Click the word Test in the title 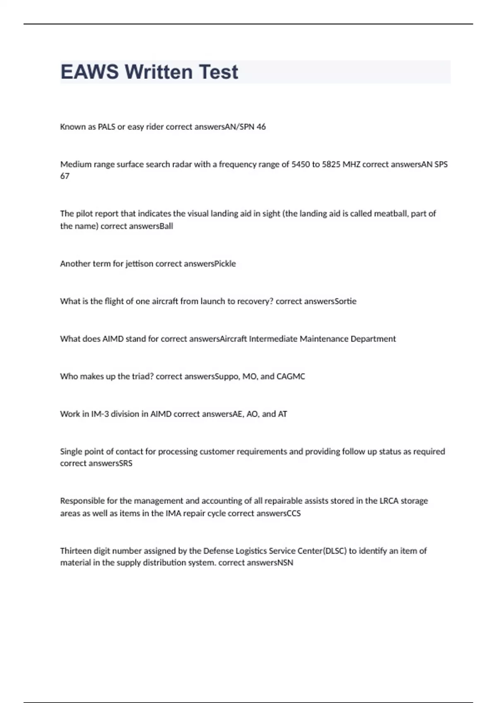pyautogui.click(x=218, y=72)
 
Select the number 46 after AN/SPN pyautogui.click(x=261, y=127)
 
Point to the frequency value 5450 pyautogui.click(x=300, y=165)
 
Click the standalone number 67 pyautogui.click(x=65, y=176)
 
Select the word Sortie pyautogui.click(x=345, y=301)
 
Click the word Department pyautogui.click(x=373, y=339)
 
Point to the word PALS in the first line pyautogui.click(x=106, y=127)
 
